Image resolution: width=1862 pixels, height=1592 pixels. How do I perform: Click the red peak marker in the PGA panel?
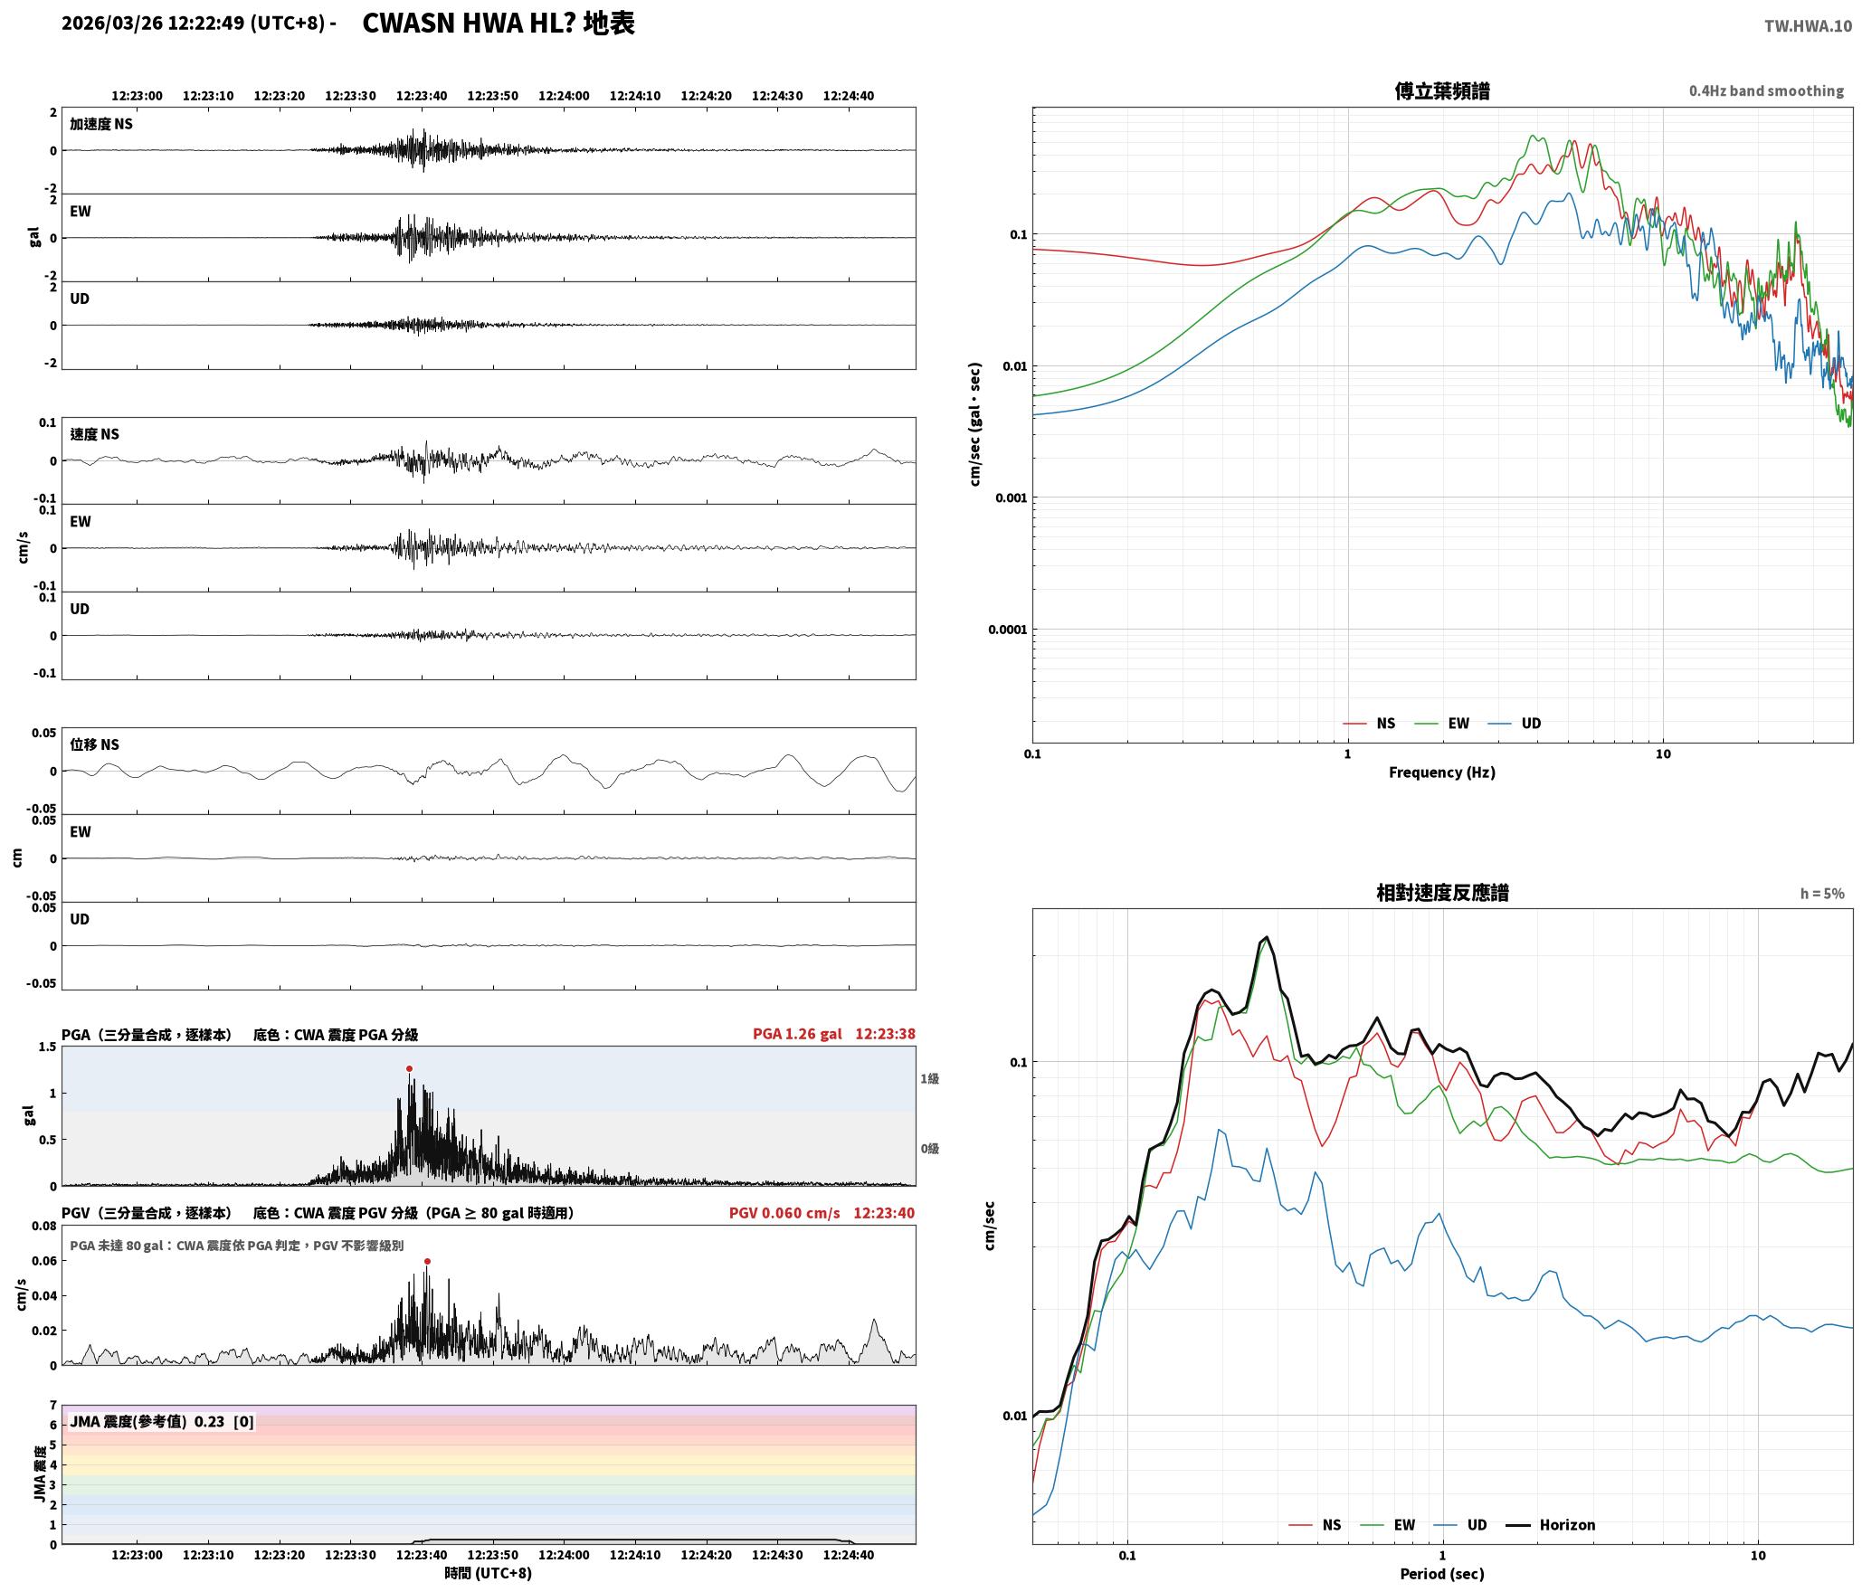(x=409, y=1068)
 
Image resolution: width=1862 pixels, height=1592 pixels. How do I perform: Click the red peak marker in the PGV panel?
(x=427, y=1261)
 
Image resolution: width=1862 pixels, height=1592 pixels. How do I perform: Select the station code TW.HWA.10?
(x=1808, y=26)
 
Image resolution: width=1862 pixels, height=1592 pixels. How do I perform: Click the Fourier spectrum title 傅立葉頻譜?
(x=1442, y=91)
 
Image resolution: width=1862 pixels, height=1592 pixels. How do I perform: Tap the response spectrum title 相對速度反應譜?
(x=1442, y=893)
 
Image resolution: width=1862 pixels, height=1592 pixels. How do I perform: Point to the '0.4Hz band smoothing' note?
(x=1766, y=91)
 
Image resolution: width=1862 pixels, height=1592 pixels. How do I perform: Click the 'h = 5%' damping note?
(x=1822, y=894)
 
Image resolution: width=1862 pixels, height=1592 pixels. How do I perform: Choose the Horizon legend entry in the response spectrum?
(x=1550, y=1525)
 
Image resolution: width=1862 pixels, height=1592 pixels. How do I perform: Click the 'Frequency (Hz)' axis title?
(x=1442, y=772)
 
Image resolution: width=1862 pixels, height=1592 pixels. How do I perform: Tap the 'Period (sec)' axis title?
(x=1442, y=1574)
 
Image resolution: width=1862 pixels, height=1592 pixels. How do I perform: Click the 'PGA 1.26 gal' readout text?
(x=797, y=1034)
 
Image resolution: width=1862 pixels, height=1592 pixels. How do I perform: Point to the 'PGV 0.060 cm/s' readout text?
(x=784, y=1213)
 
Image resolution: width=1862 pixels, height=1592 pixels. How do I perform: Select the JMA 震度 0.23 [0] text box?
(x=162, y=1422)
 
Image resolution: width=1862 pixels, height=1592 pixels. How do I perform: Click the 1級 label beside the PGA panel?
(x=930, y=1078)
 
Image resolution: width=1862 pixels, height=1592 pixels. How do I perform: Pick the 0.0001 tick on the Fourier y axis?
(x=1007, y=630)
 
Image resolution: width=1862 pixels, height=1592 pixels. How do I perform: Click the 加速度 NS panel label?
(x=101, y=124)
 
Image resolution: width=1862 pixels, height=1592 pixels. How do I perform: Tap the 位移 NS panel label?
(x=95, y=744)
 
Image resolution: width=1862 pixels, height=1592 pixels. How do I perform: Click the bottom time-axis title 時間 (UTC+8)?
(x=489, y=1574)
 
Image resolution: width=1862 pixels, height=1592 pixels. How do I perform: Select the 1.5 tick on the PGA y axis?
(x=47, y=1047)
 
